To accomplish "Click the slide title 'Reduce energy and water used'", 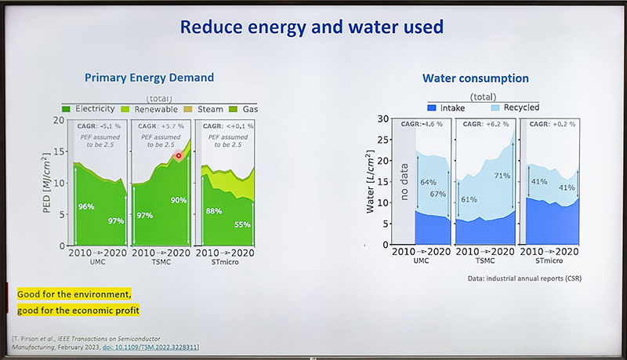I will tap(312, 27).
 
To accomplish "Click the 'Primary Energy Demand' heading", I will tap(149, 78).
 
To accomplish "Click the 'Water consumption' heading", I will tap(476, 78).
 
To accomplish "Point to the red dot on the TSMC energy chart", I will tap(179, 156).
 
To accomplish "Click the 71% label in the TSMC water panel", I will tap(502, 176).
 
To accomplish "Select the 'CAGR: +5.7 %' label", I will tap(161, 125).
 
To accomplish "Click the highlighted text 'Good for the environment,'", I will tap(74, 293).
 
